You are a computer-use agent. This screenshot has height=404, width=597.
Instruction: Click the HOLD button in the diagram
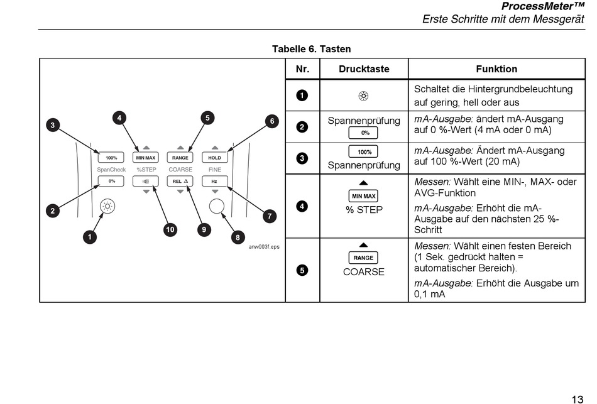(x=215, y=158)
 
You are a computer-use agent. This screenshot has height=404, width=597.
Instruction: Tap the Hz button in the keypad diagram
(x=215, y=181)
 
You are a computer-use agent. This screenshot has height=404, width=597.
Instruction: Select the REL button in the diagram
(x=180, y=181)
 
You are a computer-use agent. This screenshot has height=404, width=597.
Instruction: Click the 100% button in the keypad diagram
(x=111, y=158)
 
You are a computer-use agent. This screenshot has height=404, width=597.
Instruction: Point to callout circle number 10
(x=170, y=229)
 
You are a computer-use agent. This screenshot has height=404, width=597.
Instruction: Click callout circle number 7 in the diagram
(x=270, y=216)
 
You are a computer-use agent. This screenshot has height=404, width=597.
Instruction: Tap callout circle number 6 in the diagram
(x=272, y=121)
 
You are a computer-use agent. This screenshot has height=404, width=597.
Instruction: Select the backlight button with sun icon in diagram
(x=107, y=206)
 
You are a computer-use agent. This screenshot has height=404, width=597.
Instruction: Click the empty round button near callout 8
(x=217, y=206)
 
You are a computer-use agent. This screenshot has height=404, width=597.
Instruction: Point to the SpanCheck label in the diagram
(x=111, y=170)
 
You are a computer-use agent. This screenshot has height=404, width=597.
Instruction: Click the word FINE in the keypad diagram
(x=215, y=170)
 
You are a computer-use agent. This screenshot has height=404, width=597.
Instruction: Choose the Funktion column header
(x=496, y=69)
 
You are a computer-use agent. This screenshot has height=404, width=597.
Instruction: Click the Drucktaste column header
(x=364, y=69)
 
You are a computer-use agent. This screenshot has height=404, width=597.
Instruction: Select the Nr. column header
(x=303, y=69)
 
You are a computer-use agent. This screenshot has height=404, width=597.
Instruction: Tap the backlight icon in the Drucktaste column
(x=364, y=96)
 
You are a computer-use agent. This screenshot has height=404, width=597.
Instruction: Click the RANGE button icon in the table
(x=363, y=258)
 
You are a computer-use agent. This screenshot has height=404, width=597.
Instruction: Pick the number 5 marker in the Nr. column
(x=302, y=270)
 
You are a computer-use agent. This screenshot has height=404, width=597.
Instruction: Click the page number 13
(x=577, y=399)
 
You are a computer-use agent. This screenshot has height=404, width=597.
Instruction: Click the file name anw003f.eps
(x=264, y=247)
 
